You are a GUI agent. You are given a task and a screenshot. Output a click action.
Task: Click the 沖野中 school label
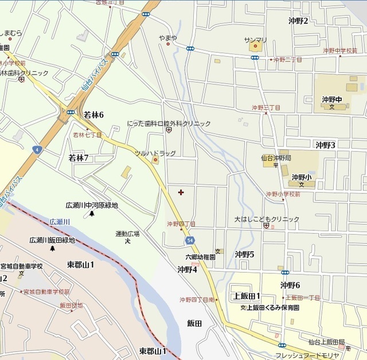point(331,99)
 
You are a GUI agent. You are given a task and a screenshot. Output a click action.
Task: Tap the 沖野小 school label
point(300,177)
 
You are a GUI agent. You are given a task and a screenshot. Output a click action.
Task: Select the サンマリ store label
point(256,40)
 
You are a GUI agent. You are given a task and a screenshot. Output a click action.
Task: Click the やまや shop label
point(168,38)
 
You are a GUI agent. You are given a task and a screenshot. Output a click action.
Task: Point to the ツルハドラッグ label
point(155,153)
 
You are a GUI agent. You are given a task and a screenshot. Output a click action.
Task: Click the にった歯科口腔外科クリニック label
point(169,123)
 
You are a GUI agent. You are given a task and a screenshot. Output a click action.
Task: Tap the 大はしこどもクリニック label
point(267,219)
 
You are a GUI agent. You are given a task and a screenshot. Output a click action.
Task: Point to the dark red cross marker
point(181,192)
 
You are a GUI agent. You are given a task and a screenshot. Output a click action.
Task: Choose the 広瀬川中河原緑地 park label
point(92,205)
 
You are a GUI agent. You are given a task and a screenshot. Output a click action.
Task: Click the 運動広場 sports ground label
point(127,234)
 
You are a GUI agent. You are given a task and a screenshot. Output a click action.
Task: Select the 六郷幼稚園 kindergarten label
point(200,257)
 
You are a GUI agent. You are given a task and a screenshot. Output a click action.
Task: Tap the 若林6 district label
point(93,115)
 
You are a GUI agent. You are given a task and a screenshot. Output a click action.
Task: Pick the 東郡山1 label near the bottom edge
point(153,350)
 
